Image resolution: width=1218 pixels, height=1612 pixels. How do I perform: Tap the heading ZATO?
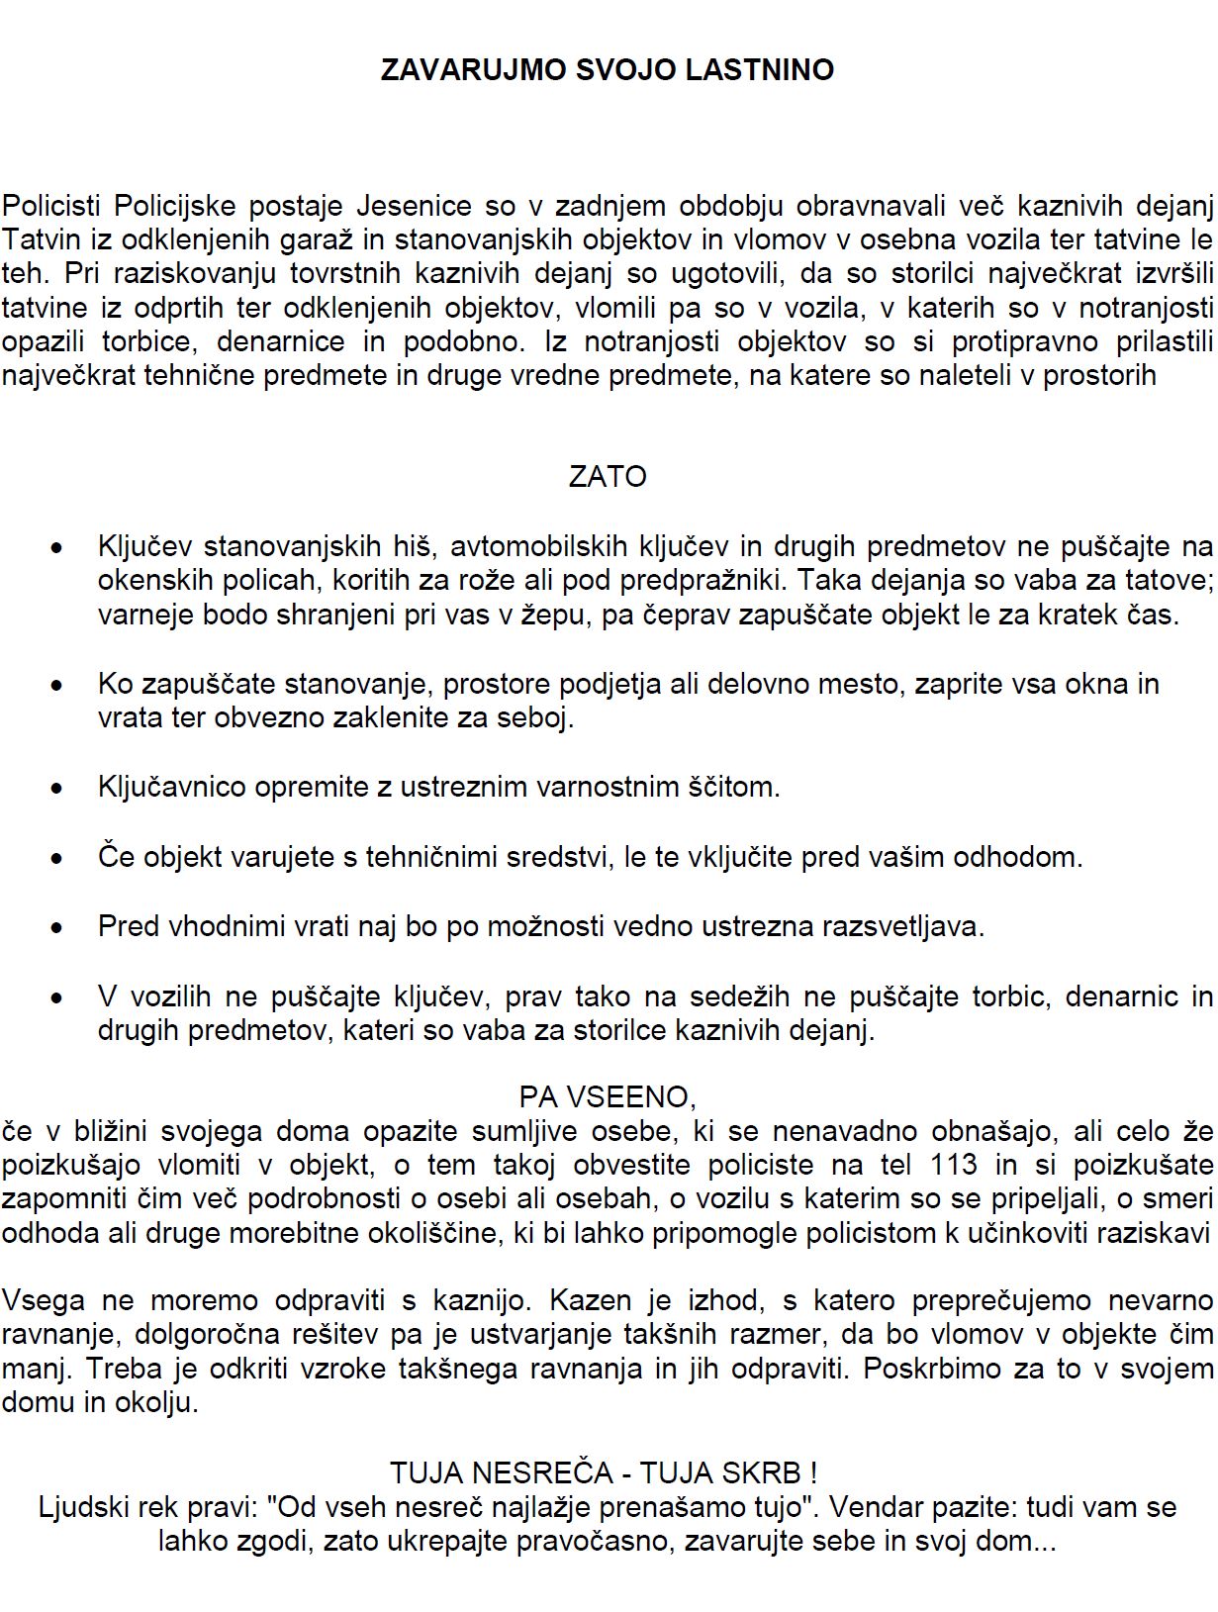(x=608, y=477)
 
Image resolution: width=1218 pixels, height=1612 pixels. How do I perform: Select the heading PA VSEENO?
(x=608, y=1097)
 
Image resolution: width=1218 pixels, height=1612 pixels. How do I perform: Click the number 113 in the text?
(x=954, y=1165)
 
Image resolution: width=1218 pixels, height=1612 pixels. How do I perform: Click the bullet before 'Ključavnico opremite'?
(x=57, y=789)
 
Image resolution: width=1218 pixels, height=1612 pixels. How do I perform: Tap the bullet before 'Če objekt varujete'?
(x=57, y=858)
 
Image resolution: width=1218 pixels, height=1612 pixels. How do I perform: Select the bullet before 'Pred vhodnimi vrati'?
(x=57, y=928)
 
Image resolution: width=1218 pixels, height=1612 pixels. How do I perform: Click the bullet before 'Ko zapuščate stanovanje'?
(x=57, y=685)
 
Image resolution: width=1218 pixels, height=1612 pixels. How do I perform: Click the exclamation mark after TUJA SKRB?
(x=813, y=1472)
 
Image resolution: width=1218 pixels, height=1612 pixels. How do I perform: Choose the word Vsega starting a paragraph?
(x=43, y=1300)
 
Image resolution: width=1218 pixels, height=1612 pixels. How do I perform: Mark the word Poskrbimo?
(x=962, y=1369)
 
